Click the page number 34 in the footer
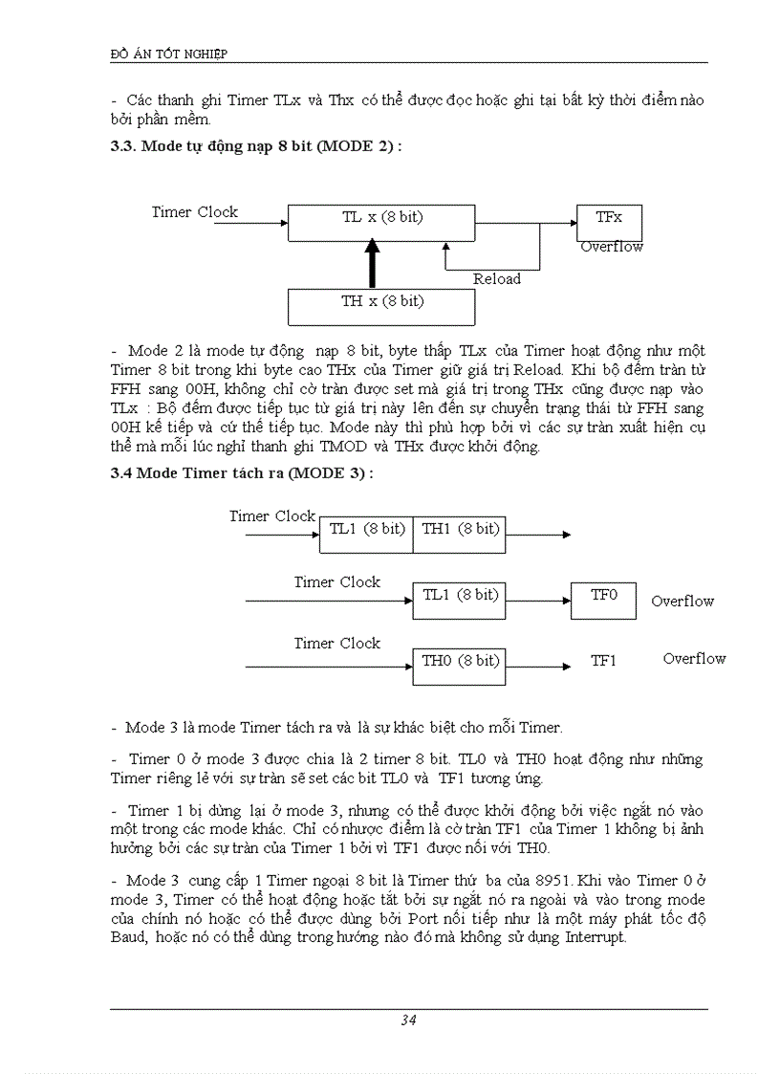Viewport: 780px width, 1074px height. (x=408, y=1020)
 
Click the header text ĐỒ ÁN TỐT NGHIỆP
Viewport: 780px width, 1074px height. (x=169, y=54)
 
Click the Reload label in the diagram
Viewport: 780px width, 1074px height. (x=497, y=278)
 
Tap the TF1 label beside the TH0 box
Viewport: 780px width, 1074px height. (x=603, y=661)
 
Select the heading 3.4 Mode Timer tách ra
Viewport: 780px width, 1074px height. (x=241, y=472)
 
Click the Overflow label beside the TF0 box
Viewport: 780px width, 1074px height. (x=682, y=601)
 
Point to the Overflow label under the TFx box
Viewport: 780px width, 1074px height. (x=612, y=247)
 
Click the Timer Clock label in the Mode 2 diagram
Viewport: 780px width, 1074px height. (x=195, y=211)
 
